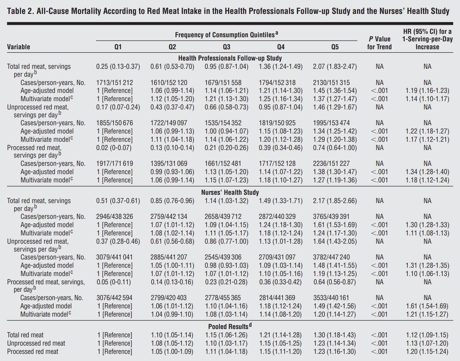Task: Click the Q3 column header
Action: point(226,47)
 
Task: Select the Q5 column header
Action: point(335,47)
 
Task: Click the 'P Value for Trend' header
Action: point(379,43)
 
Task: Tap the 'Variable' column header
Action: point(18,47)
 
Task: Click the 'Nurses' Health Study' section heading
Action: point(230,192)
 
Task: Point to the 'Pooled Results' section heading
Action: point(230,326)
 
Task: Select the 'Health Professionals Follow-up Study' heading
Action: point(230,58)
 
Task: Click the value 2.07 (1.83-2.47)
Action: point(335,67)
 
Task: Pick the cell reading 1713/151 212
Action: point(115,83)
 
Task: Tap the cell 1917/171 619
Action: point(115,164)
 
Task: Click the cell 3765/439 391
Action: point(331,216)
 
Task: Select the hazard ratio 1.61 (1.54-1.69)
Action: point(427,306)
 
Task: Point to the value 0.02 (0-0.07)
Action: point(113,147)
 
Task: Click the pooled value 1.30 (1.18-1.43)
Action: point(334,335)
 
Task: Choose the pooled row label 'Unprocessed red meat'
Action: point(36,343)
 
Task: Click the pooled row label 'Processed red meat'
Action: point(33,352)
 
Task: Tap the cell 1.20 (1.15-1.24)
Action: point(427,352)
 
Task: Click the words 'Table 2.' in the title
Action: point(21,11)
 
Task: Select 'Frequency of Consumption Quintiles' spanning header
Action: point(226,35)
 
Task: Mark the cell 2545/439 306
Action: point(223,257)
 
